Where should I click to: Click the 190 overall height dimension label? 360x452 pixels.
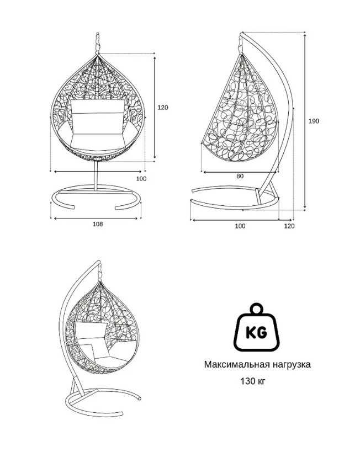[x=314, y=121]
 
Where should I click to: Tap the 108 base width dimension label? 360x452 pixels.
[x=98, y=224]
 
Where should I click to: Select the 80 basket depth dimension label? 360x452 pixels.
[x=240, y=176]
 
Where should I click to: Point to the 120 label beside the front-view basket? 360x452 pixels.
[x=163, y=108]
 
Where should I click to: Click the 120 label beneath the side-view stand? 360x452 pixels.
[x=289, y=226]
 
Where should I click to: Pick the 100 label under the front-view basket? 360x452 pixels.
[x=141, y=179]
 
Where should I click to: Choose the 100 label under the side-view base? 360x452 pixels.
[x=240, y=226]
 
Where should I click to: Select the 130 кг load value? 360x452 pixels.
[x=253, y=381]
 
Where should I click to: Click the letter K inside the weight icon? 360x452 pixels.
[x=250, y=333]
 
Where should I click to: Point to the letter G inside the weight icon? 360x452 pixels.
[x=262, y=333]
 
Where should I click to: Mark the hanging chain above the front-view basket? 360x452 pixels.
[x=98, y=42]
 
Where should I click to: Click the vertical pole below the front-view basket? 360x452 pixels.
[x=96, y=176]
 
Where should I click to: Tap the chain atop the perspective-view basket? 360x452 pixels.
[x=100, y=271]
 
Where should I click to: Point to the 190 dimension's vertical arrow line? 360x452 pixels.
[x=305, y=120]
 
